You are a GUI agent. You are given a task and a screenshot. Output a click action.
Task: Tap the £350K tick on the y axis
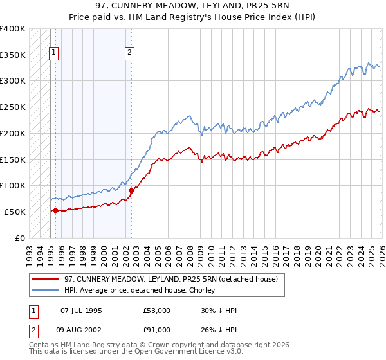(x=13, y=55)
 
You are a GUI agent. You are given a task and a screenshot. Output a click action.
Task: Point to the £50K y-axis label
(x=15, y=212)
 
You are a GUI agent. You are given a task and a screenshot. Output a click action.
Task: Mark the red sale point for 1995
(x=55, y=210)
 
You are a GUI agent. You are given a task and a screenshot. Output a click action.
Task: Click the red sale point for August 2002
(x=131, y=190)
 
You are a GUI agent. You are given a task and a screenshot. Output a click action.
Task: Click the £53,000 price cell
(x=157, y=310)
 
